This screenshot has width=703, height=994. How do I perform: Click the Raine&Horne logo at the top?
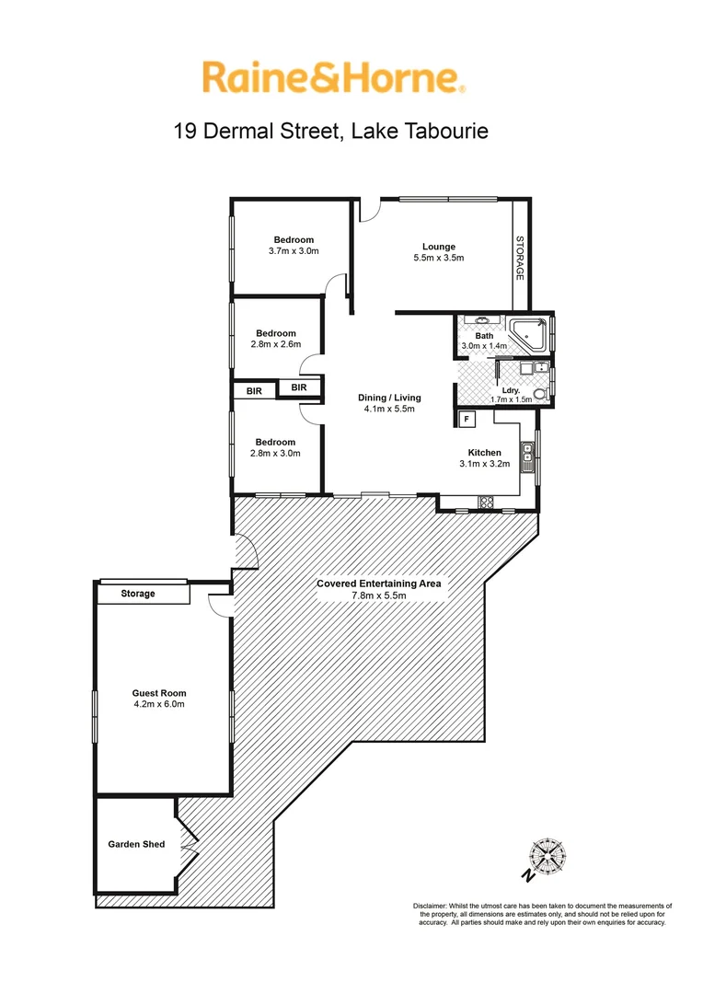click(x=333, y=77)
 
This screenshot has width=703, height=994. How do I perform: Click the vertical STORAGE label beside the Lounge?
click(x=519, y=259)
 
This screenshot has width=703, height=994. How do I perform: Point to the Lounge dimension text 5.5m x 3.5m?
click(x=439, y=259)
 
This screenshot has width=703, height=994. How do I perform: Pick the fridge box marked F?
click(x=467, y=419)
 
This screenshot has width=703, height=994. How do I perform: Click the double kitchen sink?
click(x=527, y=454)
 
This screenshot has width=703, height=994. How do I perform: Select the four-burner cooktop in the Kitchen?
click(x=485, y=502)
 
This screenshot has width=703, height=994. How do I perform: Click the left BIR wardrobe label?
click(x=253, y=390)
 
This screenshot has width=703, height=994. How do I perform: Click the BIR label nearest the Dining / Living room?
click(x=299, y=388)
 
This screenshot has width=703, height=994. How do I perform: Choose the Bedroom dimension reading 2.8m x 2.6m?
click(x=276, y=345)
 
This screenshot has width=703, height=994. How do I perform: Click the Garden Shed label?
click(x=136, y=844)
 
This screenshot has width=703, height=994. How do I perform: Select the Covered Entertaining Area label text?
click(x=379, y=584)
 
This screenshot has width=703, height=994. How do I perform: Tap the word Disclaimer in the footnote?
click(x=430, y=907)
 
